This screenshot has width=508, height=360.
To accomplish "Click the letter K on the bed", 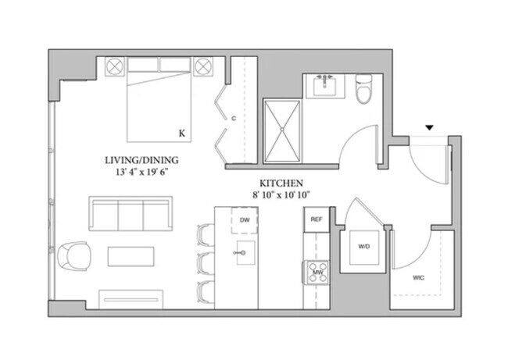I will (181, 134).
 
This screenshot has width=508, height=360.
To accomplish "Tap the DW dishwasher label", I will (245, 219).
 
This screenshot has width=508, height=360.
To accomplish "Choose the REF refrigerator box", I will (317, 219).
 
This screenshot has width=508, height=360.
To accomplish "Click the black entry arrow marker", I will (428, 127).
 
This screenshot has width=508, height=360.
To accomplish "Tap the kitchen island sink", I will (245, 253).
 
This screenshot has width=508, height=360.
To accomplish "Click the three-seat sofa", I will (130, 214).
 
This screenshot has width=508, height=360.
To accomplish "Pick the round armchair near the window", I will (74, 255).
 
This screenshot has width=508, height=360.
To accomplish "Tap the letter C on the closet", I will (233, 119).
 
